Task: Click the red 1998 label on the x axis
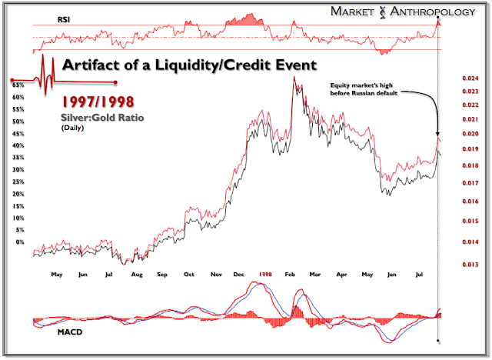(x=266, y=273)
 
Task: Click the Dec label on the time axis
(x=239, y=273)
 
